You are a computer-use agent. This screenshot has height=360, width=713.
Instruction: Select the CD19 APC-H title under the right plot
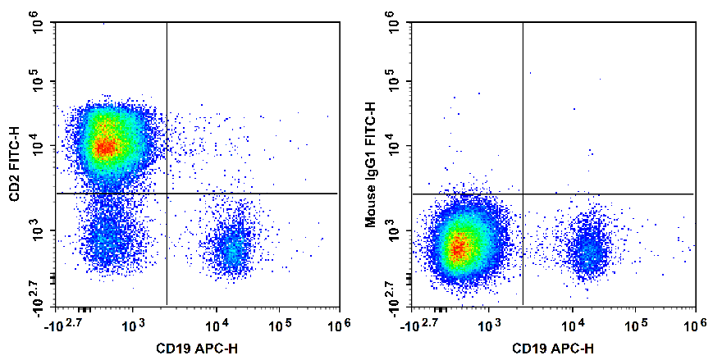[554, 349]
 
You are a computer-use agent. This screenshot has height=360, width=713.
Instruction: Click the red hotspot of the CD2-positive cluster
[104, 148]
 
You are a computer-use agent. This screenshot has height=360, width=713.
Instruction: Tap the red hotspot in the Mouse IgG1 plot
[459, 245]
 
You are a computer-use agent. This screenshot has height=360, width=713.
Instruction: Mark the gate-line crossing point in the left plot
[167, 194]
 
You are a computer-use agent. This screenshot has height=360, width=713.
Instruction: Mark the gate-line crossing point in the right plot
[523, 194]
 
